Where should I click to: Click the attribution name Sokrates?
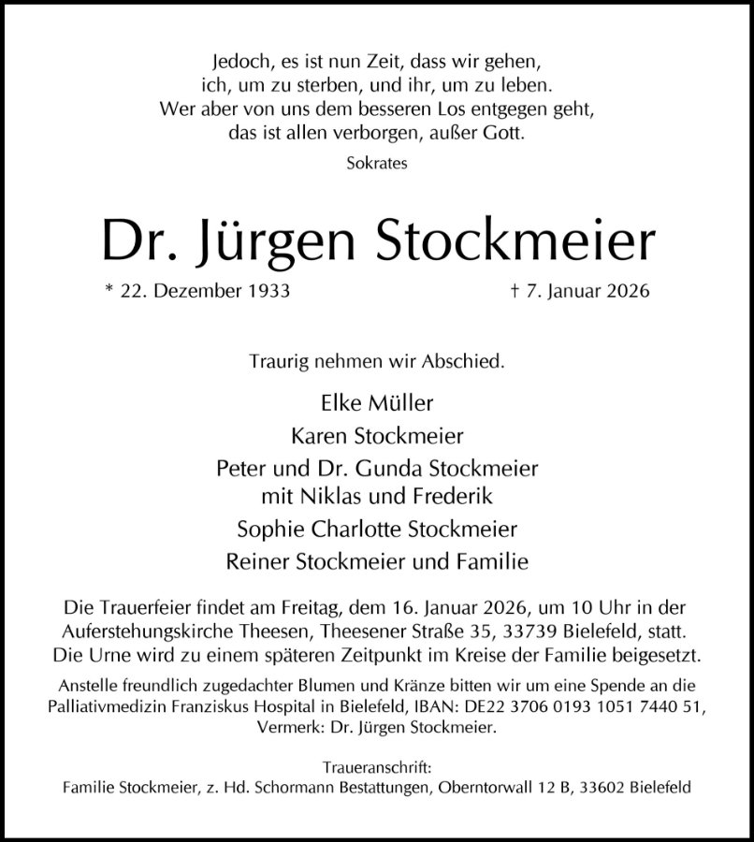pos(377,163)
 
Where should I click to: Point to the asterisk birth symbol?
pos(109,289)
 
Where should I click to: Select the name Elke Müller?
pos(377,404)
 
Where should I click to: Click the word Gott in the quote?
pos(506,133)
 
